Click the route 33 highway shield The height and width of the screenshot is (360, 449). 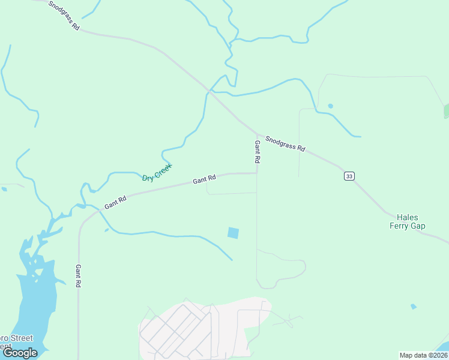[x=349, y=176]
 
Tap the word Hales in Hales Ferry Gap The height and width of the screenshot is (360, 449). [x=408, y=217]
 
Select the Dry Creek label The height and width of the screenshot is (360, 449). [x=157, y=172]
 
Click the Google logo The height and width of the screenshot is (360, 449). [x=20, y=353]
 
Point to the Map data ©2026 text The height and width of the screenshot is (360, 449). [x=423, y=355]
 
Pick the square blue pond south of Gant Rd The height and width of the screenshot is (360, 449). [x=233, y=233]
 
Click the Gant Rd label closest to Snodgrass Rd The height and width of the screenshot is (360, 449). [x=257, y=152]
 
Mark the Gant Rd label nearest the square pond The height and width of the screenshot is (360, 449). [x=204, y=179]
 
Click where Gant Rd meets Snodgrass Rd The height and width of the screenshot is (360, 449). [x=258, y=134]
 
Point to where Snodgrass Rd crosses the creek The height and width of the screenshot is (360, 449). [x=209, y=91]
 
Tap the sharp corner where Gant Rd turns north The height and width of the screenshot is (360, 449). [x=257, y=173]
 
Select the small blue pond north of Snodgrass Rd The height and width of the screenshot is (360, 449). [x=330, y=106]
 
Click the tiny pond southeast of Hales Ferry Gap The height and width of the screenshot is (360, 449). [x=413, y=307]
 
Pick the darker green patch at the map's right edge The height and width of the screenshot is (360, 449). [x=446, y=111]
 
